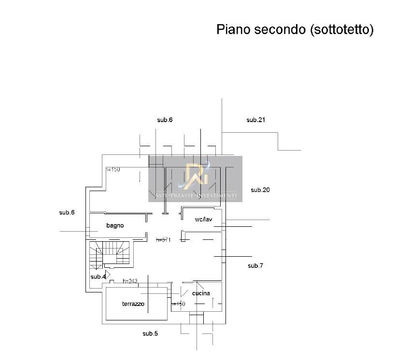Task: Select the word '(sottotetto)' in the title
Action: pos(340,29)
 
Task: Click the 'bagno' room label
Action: pos(115,225)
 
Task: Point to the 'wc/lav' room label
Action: pos(203,220)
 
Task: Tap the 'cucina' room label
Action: pos(201,293)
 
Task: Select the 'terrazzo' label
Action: pos(133,304)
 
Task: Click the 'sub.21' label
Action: pos(256,120)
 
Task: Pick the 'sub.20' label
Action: pos(260,190)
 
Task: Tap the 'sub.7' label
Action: pos(255,266)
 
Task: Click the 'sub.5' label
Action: pos(150,333)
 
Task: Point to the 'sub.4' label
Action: pos(98,277)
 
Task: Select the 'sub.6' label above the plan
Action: pos(165,120)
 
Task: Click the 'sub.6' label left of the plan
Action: pos(67,212)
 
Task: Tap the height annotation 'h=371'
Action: pos(164,240)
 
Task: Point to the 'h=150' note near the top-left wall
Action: pos(113,169)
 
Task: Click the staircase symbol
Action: pos(110,254)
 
